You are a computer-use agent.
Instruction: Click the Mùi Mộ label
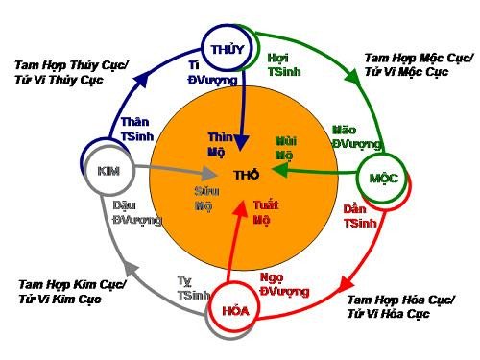[284, 147]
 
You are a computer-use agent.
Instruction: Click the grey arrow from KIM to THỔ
[173, 174]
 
